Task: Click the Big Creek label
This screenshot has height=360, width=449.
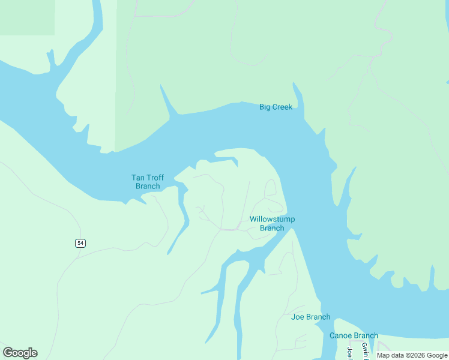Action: [x=276, y=107]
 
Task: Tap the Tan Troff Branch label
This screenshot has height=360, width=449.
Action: [x=148, y=182]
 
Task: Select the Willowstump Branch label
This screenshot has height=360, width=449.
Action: [x=272, y=223]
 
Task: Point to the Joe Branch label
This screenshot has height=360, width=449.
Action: [x=310, y=317]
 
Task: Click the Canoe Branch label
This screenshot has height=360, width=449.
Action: [x=354, y=335]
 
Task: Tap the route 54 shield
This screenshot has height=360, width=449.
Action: [x=80, y=243]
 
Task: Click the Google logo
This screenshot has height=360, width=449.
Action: [x=20, y=353]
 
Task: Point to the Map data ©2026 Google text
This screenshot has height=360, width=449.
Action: [x=412, y=355]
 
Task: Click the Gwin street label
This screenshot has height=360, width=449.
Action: [x=364, y=349]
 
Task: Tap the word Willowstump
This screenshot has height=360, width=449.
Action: [x=272, y=219]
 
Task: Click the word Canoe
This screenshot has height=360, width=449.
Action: [x=340, y=335]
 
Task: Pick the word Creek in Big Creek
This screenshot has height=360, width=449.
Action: [x=283, y=107]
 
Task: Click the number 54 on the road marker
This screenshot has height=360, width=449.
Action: [x=80, y=243]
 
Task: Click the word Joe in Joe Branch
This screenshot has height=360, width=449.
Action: [x=297, y=317]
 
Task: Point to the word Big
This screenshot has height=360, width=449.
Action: [x=265, y=107]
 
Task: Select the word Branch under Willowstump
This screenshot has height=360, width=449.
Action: [x=272, y=228]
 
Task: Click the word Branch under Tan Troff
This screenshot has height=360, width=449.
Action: [x=148, y=186]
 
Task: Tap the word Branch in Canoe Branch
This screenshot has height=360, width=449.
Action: [x=366, y=335]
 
